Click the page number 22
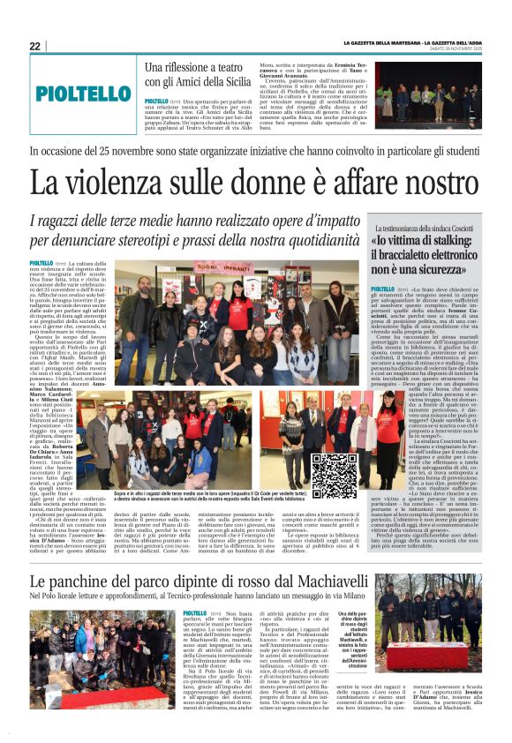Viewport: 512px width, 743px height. click(34, 46)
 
